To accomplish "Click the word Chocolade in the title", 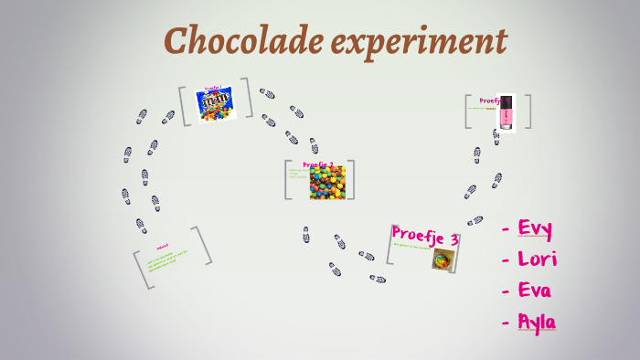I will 234,40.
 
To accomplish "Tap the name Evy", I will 535,228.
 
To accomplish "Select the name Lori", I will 537,259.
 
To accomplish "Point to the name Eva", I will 535,291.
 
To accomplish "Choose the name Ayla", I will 537,322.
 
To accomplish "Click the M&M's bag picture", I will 217,103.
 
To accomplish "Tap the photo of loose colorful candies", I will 327,183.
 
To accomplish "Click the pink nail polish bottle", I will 505,113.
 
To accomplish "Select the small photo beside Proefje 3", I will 444,259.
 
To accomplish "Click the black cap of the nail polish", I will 505,101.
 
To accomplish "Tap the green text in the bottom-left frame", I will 166,260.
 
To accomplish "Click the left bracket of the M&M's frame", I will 184,105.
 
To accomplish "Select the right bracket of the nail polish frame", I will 527,111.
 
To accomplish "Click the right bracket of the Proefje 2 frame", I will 350,179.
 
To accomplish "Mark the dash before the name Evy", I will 506,228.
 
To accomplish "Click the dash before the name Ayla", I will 506,323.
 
